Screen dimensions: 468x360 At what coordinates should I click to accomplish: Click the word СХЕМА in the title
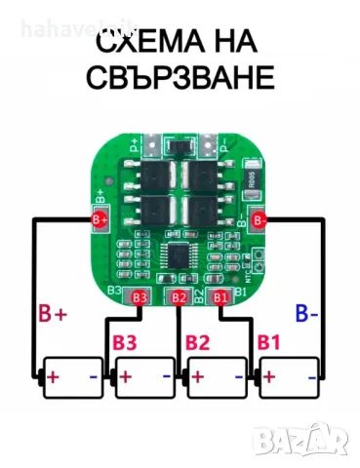[147, 42]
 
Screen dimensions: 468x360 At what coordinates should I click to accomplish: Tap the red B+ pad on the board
[100, 218]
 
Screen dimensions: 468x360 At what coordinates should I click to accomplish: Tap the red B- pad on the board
[259, 220]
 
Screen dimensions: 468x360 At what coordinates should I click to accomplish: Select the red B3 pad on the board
[139, 296]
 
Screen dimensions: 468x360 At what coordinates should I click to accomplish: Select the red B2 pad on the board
[179, 296]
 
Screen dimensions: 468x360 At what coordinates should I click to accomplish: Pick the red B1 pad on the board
[220, 296]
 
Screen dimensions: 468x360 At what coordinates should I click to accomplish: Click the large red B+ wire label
[54, 314]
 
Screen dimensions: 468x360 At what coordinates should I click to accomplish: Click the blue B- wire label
[306, 313]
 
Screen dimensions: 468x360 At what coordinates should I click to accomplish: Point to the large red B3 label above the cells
[125, 342]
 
